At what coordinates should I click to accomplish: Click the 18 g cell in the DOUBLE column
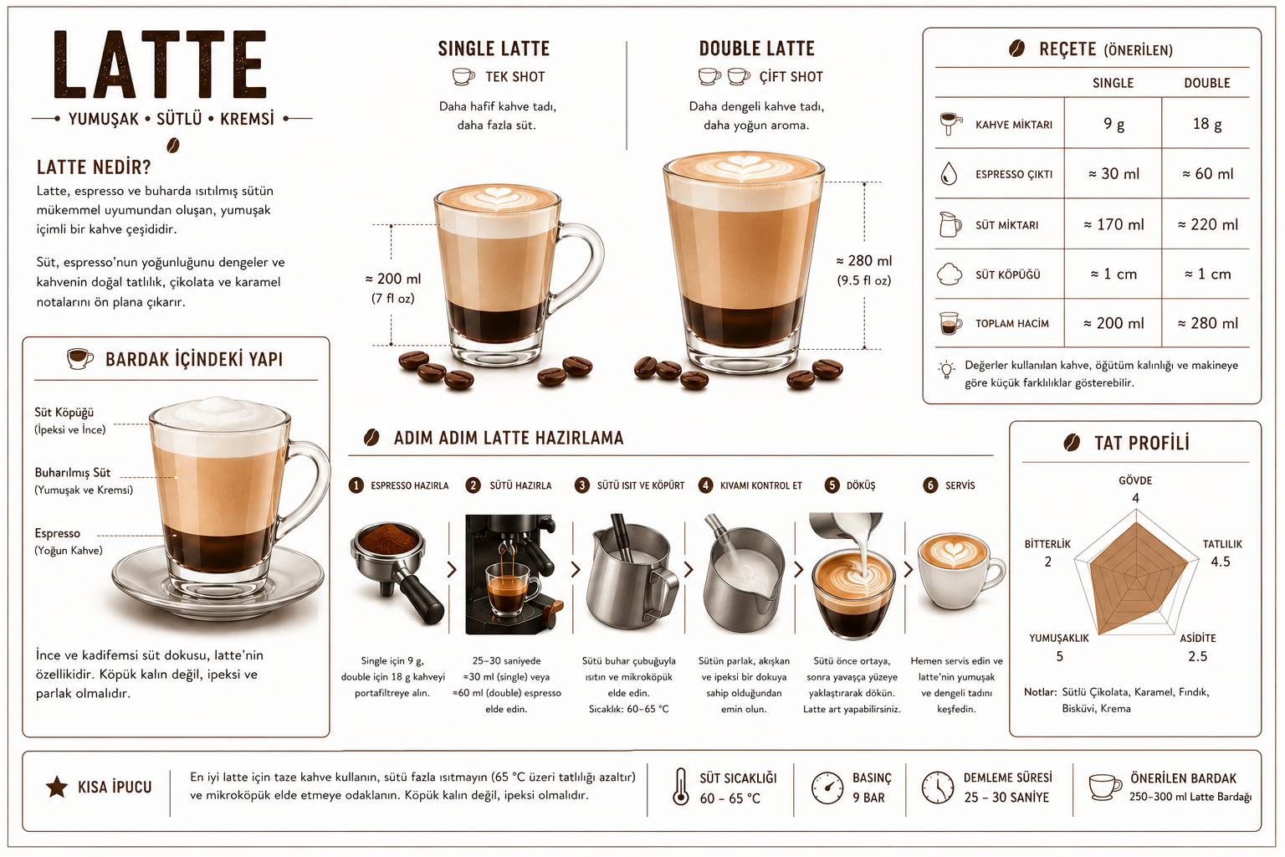tap(1207, 123)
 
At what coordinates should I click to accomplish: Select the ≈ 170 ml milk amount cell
tap(1113, 224)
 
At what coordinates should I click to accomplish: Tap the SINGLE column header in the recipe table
tap(1113, 83)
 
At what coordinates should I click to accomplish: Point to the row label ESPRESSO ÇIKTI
tap(1014, 175)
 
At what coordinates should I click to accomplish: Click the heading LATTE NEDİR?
tap(94, 167)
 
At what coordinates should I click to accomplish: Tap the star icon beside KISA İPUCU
tap(57, 787)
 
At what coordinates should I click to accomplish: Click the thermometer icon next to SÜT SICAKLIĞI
tap(680, 787)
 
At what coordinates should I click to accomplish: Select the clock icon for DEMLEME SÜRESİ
tap(937, 787)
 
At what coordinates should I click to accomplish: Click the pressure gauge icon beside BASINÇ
tap(827, 788)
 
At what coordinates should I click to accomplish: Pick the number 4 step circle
tap(705, 485)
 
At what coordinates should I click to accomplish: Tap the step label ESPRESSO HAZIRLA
tap(409, 485)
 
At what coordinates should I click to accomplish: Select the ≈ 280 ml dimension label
tap(864, 261)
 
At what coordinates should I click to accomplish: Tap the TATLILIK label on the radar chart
tap(1222, 544)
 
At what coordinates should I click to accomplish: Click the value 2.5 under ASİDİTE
tap(1197, 656)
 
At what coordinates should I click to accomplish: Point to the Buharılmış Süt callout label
tap(72, 473)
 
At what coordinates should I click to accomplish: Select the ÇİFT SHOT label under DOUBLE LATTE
tap(791, 77)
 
